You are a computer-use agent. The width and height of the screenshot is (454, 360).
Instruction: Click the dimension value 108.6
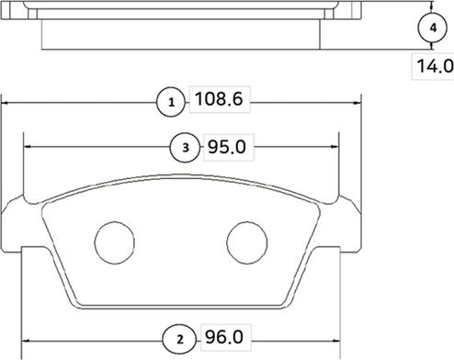[x=219, y=99]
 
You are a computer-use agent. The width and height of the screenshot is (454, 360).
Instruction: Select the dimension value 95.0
[x=227, y=147]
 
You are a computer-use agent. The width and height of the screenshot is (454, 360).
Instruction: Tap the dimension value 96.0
[x=224, y=337]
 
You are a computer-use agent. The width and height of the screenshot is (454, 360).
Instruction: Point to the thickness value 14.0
[x=435, y=66]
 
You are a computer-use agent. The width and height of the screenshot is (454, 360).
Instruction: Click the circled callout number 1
[x=171, y=102]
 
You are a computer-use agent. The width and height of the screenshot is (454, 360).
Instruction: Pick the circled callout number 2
[x=179, y=339]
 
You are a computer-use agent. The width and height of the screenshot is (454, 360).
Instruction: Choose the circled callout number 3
[x=186, y=148]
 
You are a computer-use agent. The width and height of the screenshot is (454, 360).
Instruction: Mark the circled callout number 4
[x=433, y=28]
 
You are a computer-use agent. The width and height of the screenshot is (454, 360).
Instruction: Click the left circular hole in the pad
[x=115, y=242]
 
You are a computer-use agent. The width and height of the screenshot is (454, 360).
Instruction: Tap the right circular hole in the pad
[x=247, y=242]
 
